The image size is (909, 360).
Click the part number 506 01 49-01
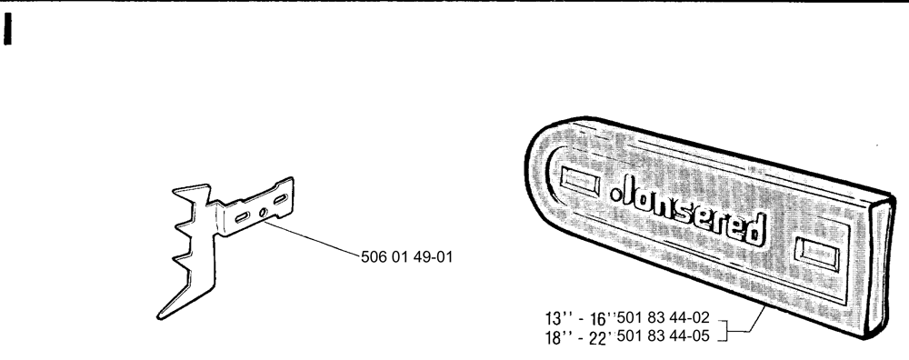pyautogui.click(x=406, y=256)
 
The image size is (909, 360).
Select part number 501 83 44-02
pyautogui.click(x=664, y=317)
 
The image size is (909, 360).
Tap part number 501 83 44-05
pyautogui.click(x=664, y=335)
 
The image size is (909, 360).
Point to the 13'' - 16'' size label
pyautogui.click(x=580, y=318)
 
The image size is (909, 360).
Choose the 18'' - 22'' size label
pyautogui.click(x=580, y=337)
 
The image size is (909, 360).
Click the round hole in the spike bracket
pyautogui.click(x=263, y=213)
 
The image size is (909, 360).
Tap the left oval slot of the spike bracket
pyautogui.click(x=243, y=217)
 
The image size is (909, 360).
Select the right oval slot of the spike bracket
pyautogui.click(x=281, y=200)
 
